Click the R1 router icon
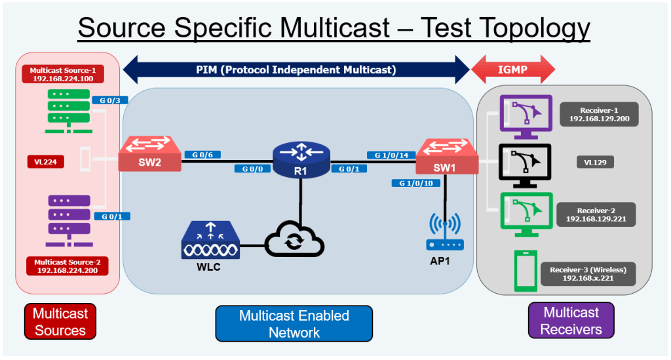pyautogui.click(x=301, y=161)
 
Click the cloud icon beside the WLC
pyautogui.click(x=295, y=241)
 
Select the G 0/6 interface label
pyautogui.click(x=202, y=155)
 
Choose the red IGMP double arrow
pyautogui.click(x=513, y=69)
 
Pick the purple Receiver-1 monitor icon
pyautogui.click(x=525, y=116)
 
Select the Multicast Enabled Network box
pyautogui.click(x=294, y=323)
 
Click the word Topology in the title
pyautogui.click(x=505, y=28)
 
